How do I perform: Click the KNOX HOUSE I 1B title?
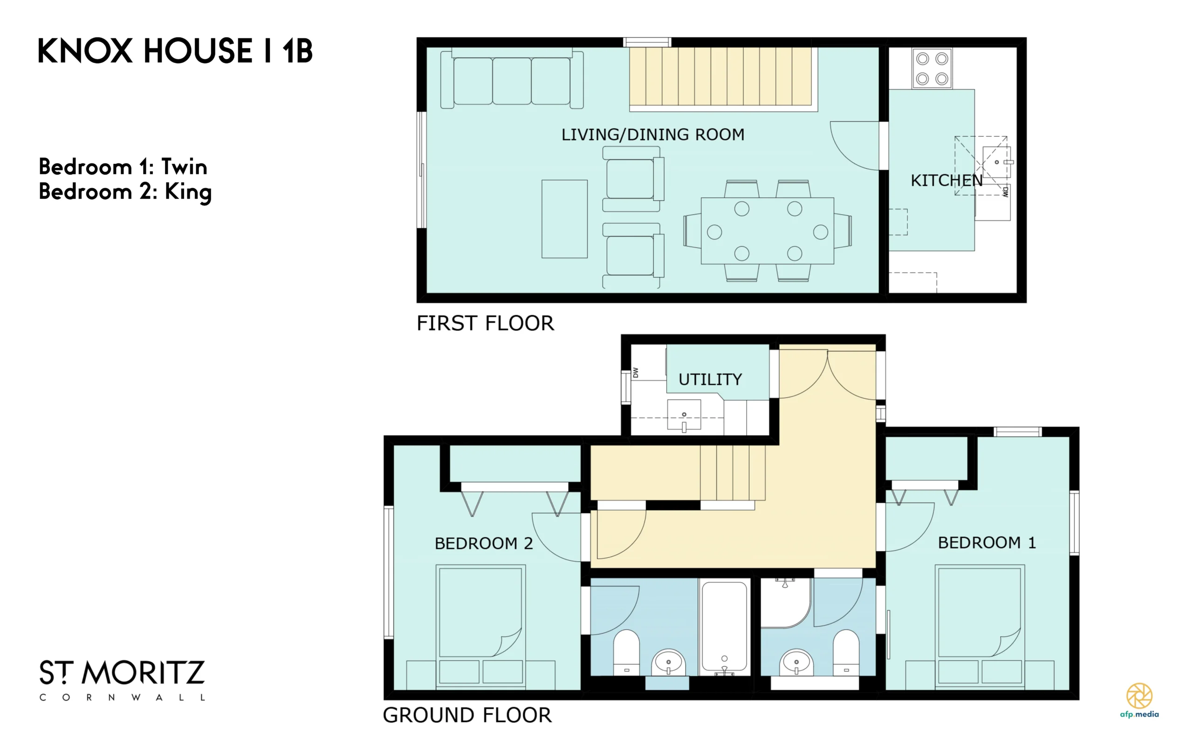pyautogui.click(x=175, y=51)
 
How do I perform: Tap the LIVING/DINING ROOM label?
pyautogui.click(x=653, y=135)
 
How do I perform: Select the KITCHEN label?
pyautogui.click(x=946, y=181)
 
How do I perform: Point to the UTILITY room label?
pyautogui.click(x=710, y=379)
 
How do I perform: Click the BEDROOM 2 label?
pyautogui.click(x=483, y=543)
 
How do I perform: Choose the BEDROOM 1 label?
pyautogui.click(x=987, y=543)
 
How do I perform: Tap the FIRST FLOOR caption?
pyautogui.click(x=486, y=323)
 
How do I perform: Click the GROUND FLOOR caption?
pyautogui.click(x=467, y=715)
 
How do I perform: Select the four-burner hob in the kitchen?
pyautogui.click(x=932, y=68)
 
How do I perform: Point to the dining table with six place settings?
pyautogui.click(x=767, y=231)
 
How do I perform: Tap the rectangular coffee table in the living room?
pyautogui.click(x=564, y=219)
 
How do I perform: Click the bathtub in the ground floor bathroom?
pyautogui.click(x=724, y=628)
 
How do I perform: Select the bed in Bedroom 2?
pyautogui.click(x=480, y=626)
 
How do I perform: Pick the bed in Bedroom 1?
pyautogui.click(x=980, y=626)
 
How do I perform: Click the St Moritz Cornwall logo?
pyautogui.click(x=122, y=680)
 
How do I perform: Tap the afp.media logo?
pyautogui.click(x=1139, y=700)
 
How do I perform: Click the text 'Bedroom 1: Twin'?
pyautogui.click(x=123, y=167)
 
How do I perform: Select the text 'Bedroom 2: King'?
pyautogui.click(x=125, y=191)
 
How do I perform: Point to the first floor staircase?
pyautogui.click(x=720, y=76)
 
